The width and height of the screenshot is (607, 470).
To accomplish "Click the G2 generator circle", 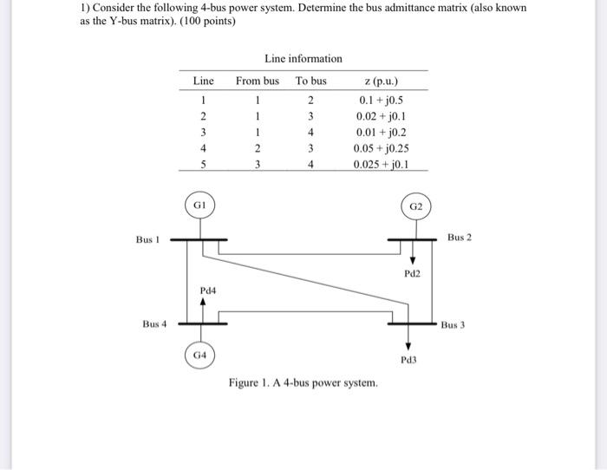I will pos(415,206).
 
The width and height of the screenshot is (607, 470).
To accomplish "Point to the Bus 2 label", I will pos(460,237).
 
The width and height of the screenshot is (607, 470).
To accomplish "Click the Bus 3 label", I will pos(454,326).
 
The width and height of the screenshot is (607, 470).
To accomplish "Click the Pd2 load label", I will pos(412,273).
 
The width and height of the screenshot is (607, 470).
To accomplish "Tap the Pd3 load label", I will pos(408,358).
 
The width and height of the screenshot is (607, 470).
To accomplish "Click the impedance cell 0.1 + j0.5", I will pos(382,99).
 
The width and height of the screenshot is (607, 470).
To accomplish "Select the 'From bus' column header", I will pos(258,81).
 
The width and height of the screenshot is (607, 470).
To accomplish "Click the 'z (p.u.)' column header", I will pos(382,82).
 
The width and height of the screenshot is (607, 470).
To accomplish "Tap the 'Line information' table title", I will pos(303,58).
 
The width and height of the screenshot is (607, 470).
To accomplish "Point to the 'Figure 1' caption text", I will pos(303,382).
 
